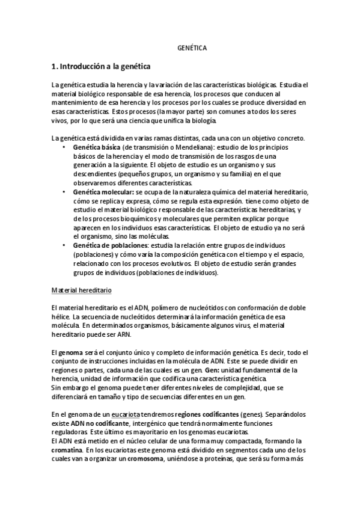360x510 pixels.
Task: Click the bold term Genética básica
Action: tap(96, 147)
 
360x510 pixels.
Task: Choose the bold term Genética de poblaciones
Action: tap(110, 245)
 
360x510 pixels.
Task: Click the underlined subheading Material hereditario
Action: tap(82, 290)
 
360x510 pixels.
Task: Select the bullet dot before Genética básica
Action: tap(65, 147)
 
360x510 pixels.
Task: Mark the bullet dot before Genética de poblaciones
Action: tap(65, 245)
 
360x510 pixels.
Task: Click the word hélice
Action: tap(61, 317)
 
